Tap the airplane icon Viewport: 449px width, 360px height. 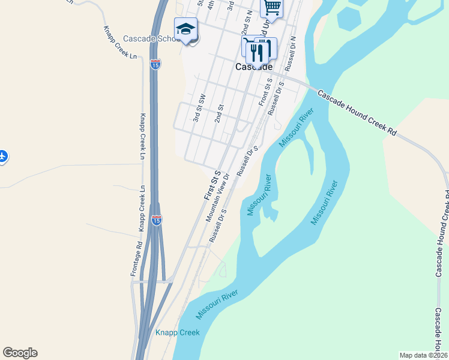(x=2, y=157)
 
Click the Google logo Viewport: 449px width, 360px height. (x=20, y=353)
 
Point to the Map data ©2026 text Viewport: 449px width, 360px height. (x=423, y=355)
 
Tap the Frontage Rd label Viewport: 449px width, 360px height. (x=136, y=259)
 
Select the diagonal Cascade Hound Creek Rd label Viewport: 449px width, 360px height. (x=357, y=112)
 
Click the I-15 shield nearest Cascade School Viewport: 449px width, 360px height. (x=155, y=64)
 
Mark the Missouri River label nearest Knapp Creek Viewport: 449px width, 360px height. (x=217, y=304)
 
